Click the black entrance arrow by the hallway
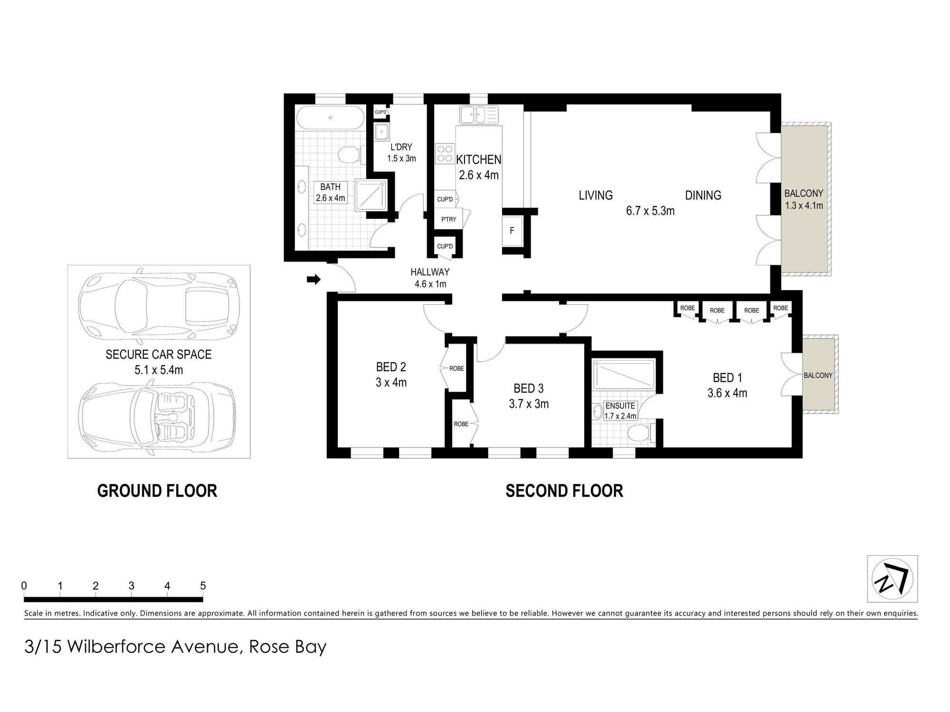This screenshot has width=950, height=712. click(x=313, y=280)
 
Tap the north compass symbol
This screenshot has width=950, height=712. click(x=892, y=579)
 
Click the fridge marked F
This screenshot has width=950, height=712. click(x=512, y=231)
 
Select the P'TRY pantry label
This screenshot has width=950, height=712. click(x=448, y=219)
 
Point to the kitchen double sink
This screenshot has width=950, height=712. click(x=478, y=114)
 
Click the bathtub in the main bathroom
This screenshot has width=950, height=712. click(x=330, y=117)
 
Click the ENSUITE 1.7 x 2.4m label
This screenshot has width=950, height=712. click(x=620, y=411)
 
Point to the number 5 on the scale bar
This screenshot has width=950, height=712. click(x=203, y=586)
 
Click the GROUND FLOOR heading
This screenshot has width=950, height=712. click(x=157, y=491)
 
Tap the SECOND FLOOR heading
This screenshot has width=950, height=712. click(x=564, y=491)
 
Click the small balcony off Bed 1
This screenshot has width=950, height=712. click(x=819, y=375)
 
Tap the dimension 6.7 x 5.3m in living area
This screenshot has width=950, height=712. click(x=650, y=211)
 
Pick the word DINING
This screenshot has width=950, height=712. click(x=703, y=195)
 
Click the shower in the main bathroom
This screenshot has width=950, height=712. click(x=371, y=194)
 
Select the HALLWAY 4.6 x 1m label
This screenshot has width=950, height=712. click(x=430, y=278)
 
